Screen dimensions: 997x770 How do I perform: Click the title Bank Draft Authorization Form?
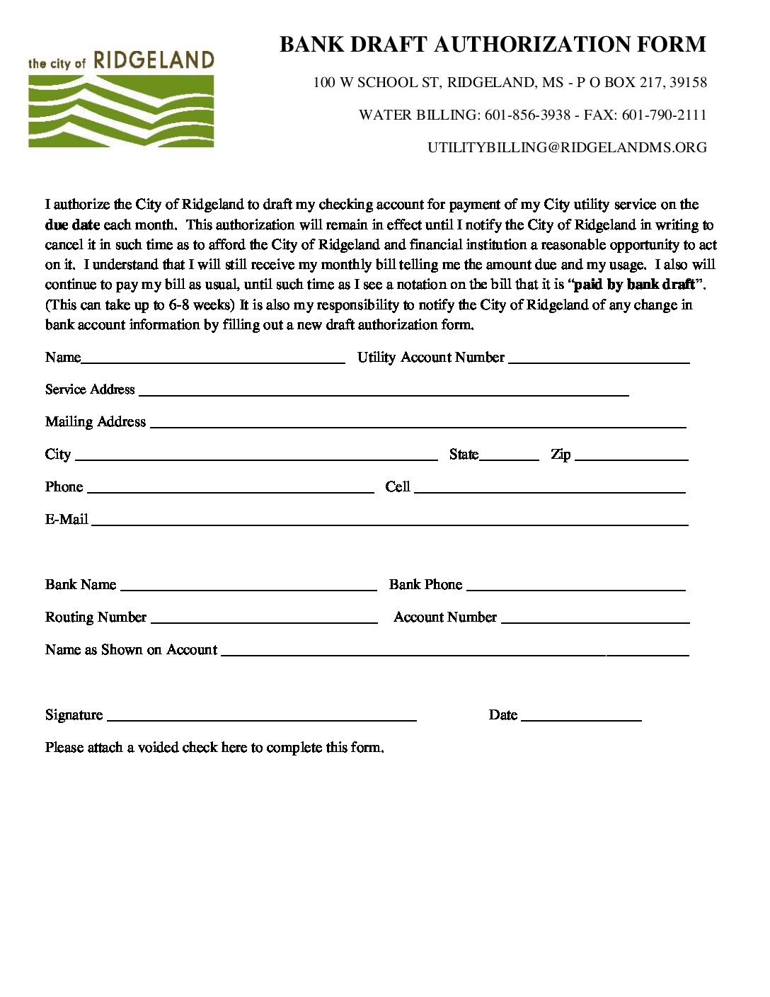[x=493, y=44]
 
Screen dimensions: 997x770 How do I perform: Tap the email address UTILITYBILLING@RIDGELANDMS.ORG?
[x=567, y=147]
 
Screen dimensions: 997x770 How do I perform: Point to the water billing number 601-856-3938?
[x=527, y=115]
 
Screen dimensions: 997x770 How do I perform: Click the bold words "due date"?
[x=72, y=225]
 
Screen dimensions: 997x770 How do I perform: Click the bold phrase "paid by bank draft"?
[x=634, y=285]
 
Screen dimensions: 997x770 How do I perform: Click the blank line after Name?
[x=212, y=359]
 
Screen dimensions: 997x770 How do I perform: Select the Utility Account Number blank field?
[x=599, y=359]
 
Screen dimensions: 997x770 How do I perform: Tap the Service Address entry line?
[x=384, y=392]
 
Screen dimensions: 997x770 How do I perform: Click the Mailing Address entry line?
[x=418, y=424]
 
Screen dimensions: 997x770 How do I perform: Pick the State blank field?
[x=509, y=457]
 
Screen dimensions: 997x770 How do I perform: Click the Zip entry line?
[x=631, y=457]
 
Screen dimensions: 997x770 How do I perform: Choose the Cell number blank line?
[x=549, y=489]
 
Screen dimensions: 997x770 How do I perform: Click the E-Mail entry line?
[x=389, y=522]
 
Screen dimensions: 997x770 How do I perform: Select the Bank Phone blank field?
[x=576, y=587]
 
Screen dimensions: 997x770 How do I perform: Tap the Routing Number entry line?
[x=264, y=620]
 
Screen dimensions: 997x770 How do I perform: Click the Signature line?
[x=261, y=717]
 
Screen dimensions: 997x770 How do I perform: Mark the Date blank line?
[x=581, y=717]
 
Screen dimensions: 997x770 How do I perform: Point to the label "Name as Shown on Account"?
[x=131, y=650]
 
